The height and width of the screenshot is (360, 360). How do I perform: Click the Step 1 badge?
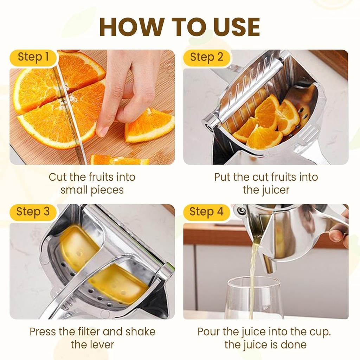coord(33,57)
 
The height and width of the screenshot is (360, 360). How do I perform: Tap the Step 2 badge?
coord(206,57)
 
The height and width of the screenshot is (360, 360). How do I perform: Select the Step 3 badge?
coord(33,212)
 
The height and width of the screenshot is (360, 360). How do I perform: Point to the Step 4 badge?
coord(206,212)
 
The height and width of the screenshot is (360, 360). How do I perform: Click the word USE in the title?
coord(234,26)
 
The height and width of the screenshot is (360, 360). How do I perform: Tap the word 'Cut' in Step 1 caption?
coord(57,177)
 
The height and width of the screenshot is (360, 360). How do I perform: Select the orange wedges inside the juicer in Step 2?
coord(267,123)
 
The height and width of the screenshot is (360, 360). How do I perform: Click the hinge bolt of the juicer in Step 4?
coord(241,211)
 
